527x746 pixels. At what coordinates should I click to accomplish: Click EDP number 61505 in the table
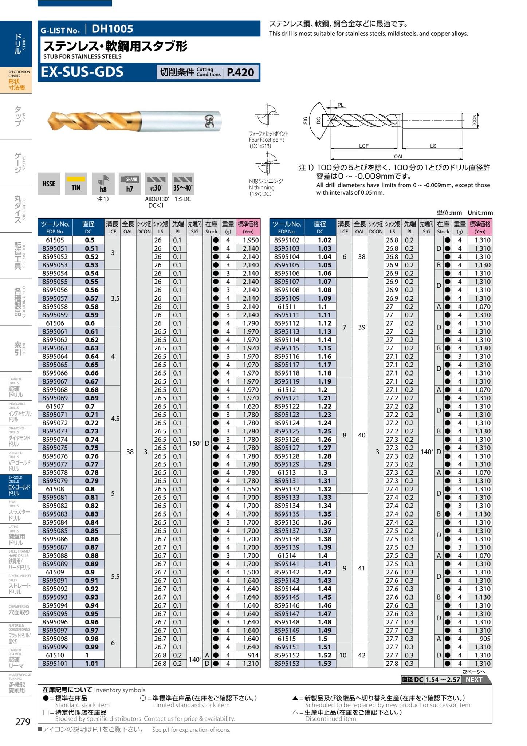(55, 240)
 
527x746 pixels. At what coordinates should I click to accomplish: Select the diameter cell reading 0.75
(92, 448)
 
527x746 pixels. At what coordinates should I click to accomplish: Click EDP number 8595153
(287, 664)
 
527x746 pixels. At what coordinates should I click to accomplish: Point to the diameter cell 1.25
(324, 431)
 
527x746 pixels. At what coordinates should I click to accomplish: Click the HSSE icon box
(49, 184)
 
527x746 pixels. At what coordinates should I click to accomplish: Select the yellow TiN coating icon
(76, 184)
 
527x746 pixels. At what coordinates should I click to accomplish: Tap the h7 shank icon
(130, 184)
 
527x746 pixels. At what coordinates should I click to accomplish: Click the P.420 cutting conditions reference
(240, 72)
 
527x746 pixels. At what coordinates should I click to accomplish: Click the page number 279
(23, 722)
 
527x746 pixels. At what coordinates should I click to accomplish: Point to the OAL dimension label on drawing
(398, 157)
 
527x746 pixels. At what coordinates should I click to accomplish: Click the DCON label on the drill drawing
(475, 120)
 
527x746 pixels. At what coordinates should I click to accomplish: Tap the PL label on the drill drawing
(340, 105)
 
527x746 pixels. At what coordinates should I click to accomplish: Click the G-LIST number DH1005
(112, 29)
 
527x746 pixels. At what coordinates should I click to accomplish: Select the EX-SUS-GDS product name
(82, 72)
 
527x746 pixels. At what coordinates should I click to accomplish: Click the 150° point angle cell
(194, 443)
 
